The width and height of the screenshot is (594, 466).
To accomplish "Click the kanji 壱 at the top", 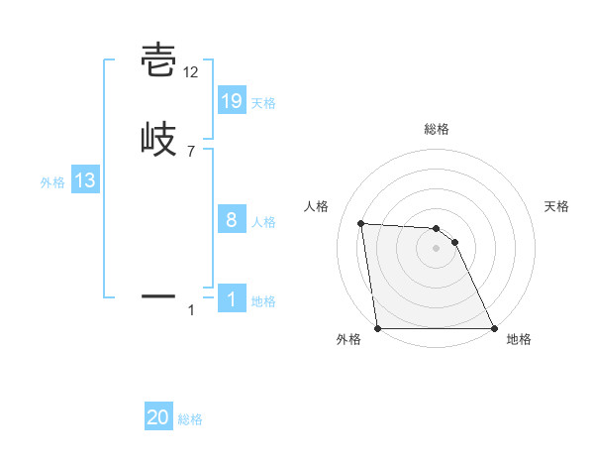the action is click(x=158, y=60).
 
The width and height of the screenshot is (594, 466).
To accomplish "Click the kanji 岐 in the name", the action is click(x=158, y=138).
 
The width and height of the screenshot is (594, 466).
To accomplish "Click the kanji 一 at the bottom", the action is click(x=158, y=295).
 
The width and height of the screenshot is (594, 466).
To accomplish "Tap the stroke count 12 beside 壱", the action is click(x=191, y=72).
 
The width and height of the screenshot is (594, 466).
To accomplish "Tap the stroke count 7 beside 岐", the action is click(x=191, y=151).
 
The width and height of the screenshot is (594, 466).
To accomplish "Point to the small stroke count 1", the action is click(x=191, y=310).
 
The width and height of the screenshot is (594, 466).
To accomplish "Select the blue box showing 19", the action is click(x=232, y=101).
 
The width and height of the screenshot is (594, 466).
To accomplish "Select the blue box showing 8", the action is click(x=232, y=220).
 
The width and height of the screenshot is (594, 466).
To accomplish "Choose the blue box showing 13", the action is click(x=85, y=180).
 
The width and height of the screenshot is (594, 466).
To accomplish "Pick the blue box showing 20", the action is click(x=158, y=418).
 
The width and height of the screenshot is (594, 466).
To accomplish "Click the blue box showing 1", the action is click(x=232, y=299).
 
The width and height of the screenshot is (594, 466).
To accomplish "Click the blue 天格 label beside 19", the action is click(x=263, y=103).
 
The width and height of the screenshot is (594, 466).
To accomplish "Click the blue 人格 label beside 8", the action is click(x=263, y=222).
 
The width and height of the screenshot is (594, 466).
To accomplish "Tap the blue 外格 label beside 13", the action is click(x=51, y=182).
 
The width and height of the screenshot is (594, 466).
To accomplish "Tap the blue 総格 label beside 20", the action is click(x=190, y=420).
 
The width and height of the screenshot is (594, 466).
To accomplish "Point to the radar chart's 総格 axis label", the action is click(x=437, y=129).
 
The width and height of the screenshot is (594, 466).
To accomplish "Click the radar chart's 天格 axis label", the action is click(x=557, y=206).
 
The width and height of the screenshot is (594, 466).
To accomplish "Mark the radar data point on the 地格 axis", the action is click(x=494, y=328).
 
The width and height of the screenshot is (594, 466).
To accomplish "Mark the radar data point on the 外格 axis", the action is click(x=378, y=328).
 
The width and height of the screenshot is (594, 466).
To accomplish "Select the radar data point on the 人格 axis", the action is click(x=361, y=223).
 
